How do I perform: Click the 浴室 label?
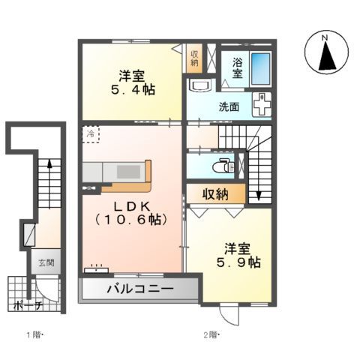click(237, 68)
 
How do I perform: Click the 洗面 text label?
click(230, 107)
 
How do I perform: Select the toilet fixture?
click(223, 164)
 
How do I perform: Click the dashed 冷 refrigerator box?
click(91, 136)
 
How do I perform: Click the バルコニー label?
click(139, 289)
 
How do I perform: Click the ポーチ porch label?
click(27, 306)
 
